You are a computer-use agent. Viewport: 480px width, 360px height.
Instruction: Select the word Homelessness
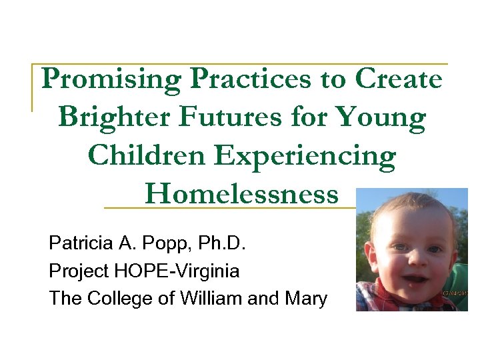coord(241,194)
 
